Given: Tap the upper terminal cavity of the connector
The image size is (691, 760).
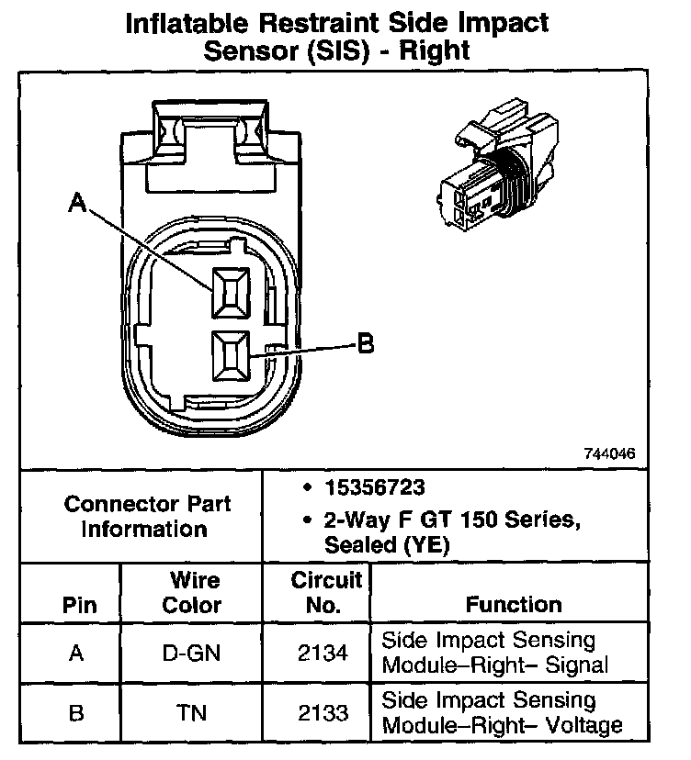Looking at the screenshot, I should [230, 293].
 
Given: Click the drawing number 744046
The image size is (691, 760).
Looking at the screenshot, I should [608, 454].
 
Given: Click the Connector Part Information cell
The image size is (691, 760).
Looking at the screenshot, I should [147, 517].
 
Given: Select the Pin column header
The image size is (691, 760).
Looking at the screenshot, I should [77, 606].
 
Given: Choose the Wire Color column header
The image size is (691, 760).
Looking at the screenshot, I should [192, 593].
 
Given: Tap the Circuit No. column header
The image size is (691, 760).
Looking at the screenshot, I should [316, 593].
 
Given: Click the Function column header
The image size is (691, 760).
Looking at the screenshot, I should [514, 605].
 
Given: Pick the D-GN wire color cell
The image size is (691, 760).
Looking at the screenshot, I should [192, 654].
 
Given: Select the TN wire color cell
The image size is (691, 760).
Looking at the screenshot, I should [192, 713].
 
